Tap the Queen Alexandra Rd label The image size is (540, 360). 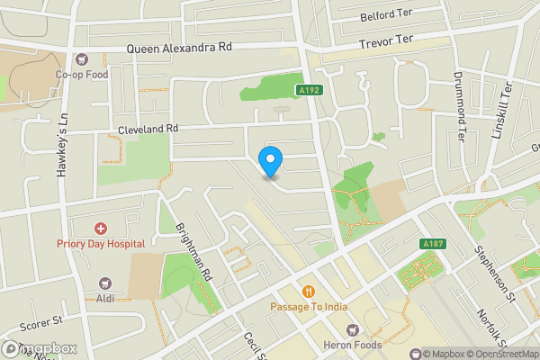tap(179, 48)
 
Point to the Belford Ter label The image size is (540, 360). tap(385, 16)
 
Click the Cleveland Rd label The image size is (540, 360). tap(148, 130)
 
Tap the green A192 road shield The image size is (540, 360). tap(309, 89)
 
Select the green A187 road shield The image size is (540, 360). tap(432, 243)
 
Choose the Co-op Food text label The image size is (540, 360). tap(82, 75)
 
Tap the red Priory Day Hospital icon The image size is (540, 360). tap(101, 229)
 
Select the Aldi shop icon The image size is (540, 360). tap(104, 283)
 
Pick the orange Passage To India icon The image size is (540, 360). tap(308, 291)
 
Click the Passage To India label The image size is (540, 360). tap(308, 307)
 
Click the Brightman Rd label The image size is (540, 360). tap(193, 252)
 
